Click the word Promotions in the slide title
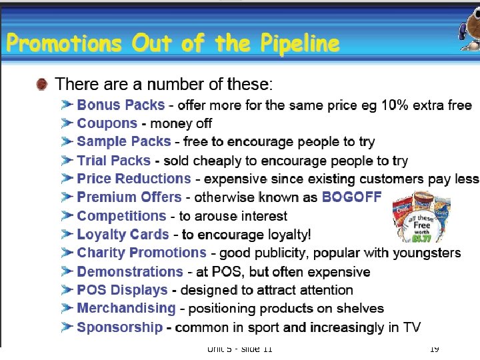tap(65, 44)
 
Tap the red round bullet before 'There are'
tap(42, 85)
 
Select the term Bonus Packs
tap(121, 105)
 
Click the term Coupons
tap(107, 123)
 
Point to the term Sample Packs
tap(124, 142)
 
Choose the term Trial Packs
tap(113, 161)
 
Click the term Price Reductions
tap(134, 179)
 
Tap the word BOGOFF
tap(351, 197)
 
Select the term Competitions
tap(121, 216)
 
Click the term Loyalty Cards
tap(123, 235)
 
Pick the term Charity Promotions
tap(142, 253)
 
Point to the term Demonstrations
tap(130, 271)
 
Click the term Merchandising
tap(126, 308)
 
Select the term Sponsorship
tap(120, 327)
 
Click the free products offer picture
tap(421, 217)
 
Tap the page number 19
tap(434, 349)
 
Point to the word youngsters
tap(425, 253)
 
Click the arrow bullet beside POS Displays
tap(67, 290)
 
